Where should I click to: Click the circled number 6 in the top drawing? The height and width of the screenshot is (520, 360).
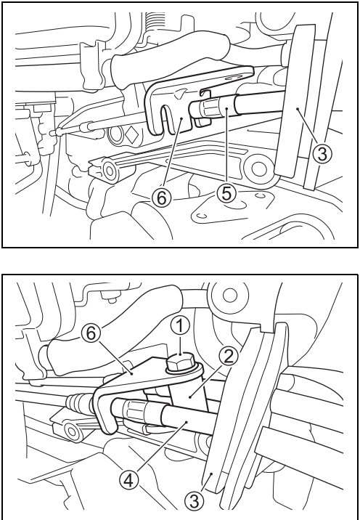tap(161, 198)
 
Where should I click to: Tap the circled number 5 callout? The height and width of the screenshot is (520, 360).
tap(226, 192)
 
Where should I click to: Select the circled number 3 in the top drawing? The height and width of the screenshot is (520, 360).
tap(322, 153)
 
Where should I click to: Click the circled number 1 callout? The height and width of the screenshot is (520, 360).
tap(180, 328)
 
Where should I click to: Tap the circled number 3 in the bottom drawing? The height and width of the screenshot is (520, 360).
tap(195, 500)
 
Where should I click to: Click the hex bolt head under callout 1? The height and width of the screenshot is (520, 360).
tap(179, 362)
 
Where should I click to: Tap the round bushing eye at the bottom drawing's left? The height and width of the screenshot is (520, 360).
tap(71, 431)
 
